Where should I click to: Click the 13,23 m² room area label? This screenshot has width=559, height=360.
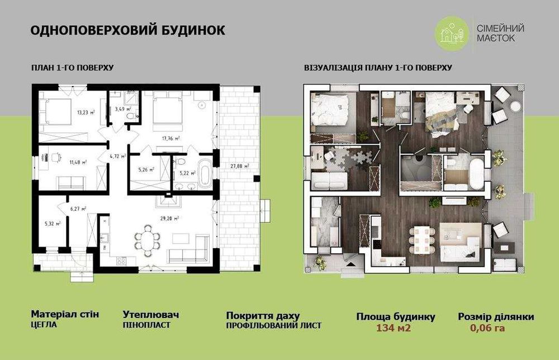coord(86,111)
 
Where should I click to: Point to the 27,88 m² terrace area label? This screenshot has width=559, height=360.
coord(239,166)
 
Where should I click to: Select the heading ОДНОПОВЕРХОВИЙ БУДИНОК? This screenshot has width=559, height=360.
coord(128,30)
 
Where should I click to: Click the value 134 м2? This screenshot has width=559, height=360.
coord(394,328)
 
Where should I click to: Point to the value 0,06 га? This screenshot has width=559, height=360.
coord(489,328)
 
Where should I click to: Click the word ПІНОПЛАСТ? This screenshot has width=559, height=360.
coord(146,325)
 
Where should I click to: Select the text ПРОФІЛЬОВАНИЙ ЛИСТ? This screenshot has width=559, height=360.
coord(273,325)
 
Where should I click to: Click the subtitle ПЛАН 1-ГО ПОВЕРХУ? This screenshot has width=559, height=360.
coord(73,68)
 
